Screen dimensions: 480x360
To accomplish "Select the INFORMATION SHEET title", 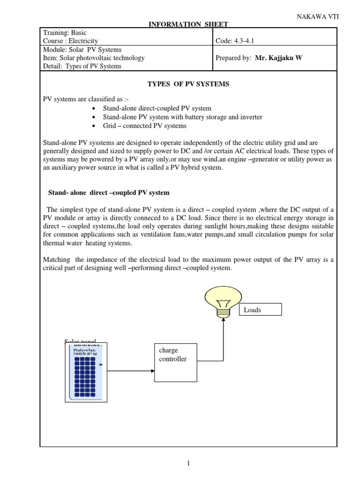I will [188, 24].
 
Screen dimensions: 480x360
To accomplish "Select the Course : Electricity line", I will [70, 41].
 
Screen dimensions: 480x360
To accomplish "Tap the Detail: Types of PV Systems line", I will [82, 66].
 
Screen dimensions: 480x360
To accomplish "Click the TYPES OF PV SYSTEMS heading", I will [188, 84].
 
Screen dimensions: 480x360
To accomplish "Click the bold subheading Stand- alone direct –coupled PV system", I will [109, 193].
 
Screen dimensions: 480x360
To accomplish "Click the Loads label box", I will [260, 309].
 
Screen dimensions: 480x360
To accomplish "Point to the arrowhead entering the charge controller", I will [152, 371].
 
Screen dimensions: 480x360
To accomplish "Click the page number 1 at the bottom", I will [188, 464].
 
